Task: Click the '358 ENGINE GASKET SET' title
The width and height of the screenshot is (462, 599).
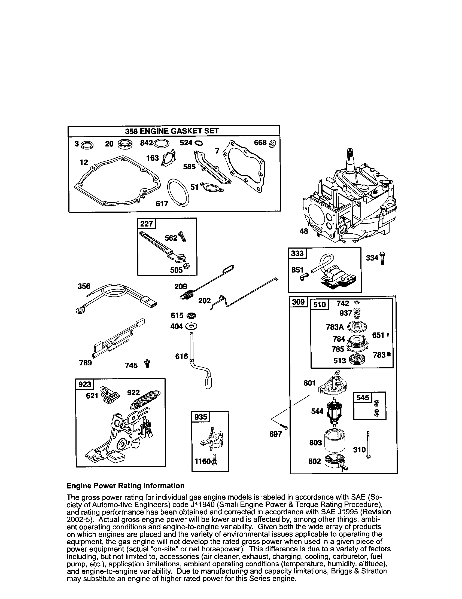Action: tap(172, 131)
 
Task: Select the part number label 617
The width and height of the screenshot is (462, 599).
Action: tap(162, 203)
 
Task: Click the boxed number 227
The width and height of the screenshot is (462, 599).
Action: tap(146, 224)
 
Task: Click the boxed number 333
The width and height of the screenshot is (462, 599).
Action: tap(297, 253)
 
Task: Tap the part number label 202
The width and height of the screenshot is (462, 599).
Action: tap(204, 301)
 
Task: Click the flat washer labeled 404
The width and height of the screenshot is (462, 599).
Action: tap(191, 326)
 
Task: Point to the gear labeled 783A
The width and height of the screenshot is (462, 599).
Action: tap(357, 326)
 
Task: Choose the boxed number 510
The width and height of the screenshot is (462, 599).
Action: tap(319, 304)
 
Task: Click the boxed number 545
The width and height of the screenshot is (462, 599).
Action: tap(362, 398)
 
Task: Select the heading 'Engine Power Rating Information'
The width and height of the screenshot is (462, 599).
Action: tap(125, 486)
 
